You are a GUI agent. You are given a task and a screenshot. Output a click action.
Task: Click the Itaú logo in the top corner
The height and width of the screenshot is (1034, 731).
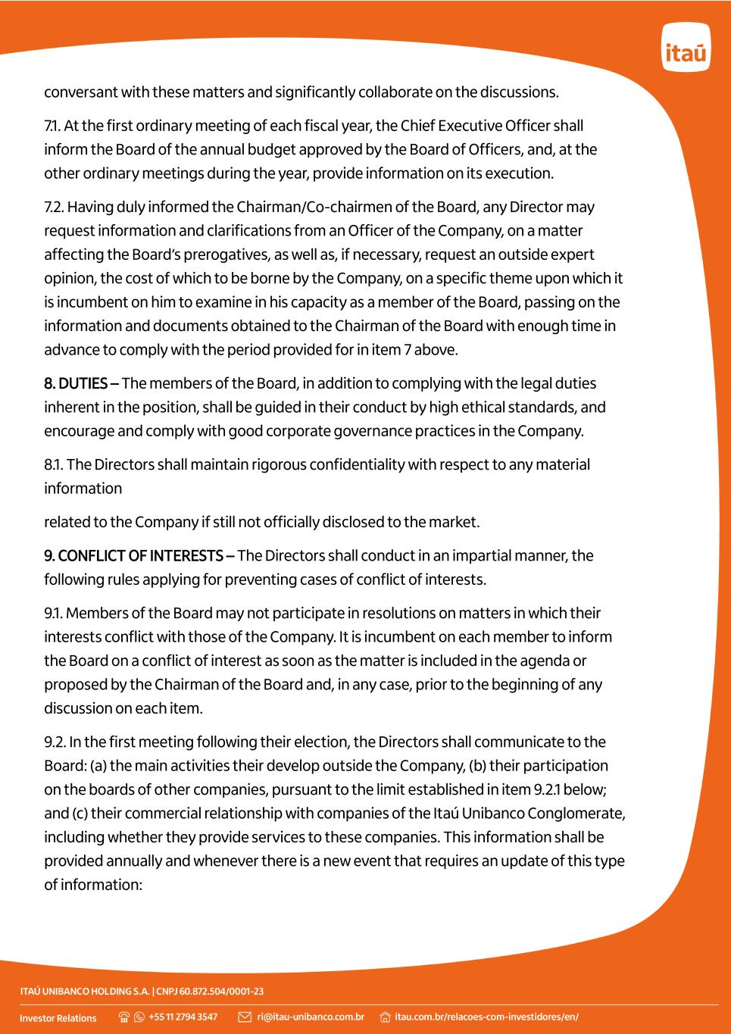[686, 48]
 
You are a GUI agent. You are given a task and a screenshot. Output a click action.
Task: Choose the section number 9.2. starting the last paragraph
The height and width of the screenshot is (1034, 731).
[55, 742]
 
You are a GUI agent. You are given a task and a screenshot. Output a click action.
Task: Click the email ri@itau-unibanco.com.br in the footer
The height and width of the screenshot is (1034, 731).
[311, 1017]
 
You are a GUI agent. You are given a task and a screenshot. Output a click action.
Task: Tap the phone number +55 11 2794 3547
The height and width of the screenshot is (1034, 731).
[183, 1017]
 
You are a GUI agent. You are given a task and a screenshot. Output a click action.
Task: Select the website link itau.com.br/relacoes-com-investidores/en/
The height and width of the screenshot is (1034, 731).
[486, 1017]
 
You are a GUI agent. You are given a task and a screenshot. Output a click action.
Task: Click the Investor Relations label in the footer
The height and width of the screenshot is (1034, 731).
[58, 1017]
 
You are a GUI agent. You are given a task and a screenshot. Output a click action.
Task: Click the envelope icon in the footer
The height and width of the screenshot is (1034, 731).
[245, 1017]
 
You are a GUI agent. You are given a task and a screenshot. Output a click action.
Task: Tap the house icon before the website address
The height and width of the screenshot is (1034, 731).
[385, 1017]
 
